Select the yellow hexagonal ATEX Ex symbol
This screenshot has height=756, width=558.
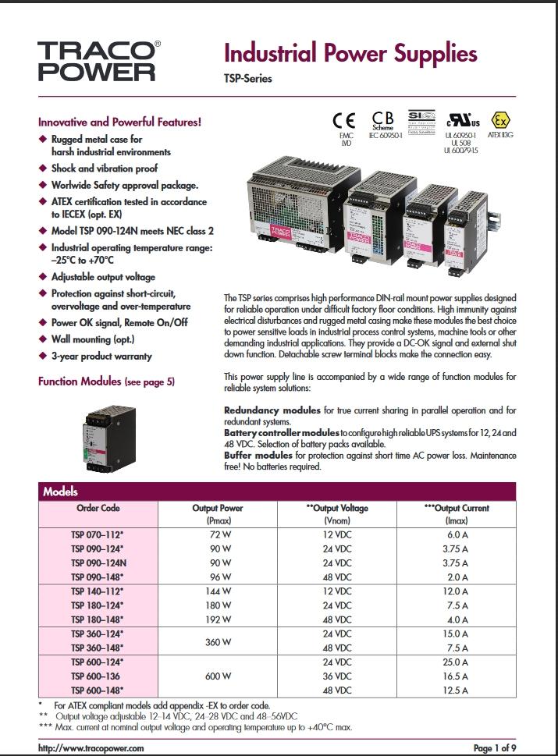(500, 121)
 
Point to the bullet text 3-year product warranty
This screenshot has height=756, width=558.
(101, 357)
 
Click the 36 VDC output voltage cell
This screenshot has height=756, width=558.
(338, 676)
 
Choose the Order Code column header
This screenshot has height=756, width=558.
(98, 508)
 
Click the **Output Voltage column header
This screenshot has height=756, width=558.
(337, 508)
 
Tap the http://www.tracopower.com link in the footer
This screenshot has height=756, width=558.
(91, 747)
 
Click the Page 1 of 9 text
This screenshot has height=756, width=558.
(493, 747)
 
